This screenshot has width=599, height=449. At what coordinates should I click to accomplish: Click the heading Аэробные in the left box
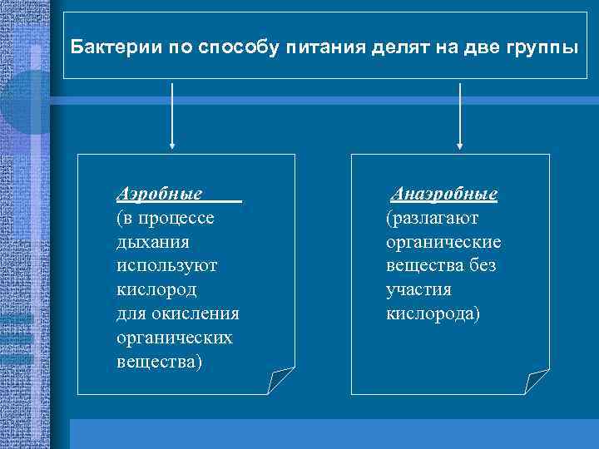coord(160,194)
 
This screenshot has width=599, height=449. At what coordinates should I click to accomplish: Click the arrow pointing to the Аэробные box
coord(172,116)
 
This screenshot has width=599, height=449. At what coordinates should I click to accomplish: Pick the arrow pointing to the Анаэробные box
coord(460,116)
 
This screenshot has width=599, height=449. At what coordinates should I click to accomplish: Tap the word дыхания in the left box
coord(152,242)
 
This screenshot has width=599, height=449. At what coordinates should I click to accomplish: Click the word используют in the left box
coord(167,266)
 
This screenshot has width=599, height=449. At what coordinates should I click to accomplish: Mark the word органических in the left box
coord(175,338)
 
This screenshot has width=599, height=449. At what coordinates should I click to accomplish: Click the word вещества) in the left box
coord(159,363)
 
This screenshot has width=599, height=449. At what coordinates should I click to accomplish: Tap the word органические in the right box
coord(443,242)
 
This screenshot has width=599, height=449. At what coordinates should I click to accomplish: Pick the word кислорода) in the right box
coord(433,314)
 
